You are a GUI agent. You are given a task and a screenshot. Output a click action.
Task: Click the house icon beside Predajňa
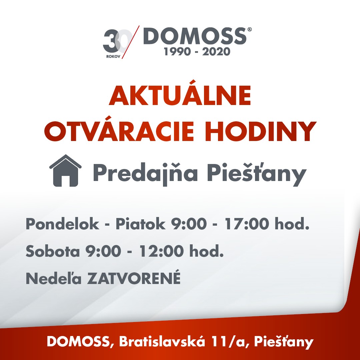pyautogui.click(x=65, y=170)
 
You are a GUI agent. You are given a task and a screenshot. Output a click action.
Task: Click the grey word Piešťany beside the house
pyautogui.click(x=257, y=173)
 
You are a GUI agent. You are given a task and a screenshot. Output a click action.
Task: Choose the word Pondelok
pyautogui.click(x=62, y=224)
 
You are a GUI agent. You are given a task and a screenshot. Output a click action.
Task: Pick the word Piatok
pyautogui.click(x=140, y=224)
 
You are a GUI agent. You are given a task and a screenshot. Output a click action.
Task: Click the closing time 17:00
pyautogui.click(x=247, y=224)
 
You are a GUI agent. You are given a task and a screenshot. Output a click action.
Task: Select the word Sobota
pyautogui.click(x=53, y=251)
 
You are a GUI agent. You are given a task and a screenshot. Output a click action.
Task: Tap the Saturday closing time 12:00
pyautogui.click(x=161, y=251)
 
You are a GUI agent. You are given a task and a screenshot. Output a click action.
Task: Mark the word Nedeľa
pyautogui.click(x=54, y=278)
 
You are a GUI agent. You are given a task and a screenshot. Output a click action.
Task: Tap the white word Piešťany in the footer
pyautogui.click(x=284, y=342)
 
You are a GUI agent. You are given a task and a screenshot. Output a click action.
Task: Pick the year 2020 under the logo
pyautogui.click(x=216, y=51)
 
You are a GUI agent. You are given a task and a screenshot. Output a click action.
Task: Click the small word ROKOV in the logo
pyautogui.click(x=113, y=56)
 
